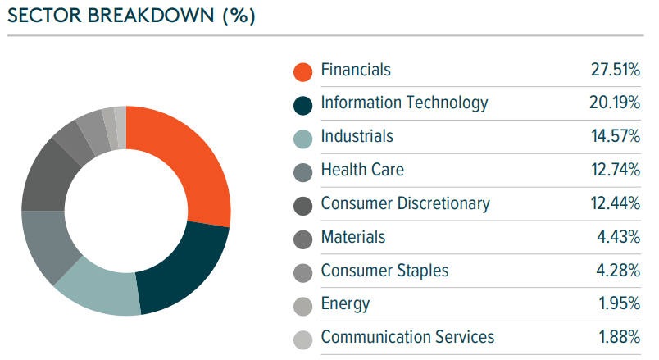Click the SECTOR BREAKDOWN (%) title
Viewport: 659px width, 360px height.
pos(131,17)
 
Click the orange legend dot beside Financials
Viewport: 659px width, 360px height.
pos(303,71)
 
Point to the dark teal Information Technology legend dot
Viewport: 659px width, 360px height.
pos(303,105)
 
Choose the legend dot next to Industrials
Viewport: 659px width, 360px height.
pos(303,139)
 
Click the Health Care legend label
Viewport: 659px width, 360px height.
pos(362,170)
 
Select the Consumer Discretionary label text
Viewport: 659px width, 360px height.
pos(405,203)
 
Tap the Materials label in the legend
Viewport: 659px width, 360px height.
pos(352,237)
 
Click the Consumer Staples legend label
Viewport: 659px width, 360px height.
pos(384,271)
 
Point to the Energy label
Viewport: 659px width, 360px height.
pos(345,304)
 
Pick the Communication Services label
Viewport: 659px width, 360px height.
pos(407,337)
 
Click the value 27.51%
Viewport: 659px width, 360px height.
pos(615,70)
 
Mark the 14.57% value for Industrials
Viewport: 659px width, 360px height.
pos(615,137)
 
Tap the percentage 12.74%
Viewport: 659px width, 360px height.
pos(615,170)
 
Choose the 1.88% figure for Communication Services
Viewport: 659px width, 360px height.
pos(620,337)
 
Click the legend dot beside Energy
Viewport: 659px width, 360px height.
pos(303,306)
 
